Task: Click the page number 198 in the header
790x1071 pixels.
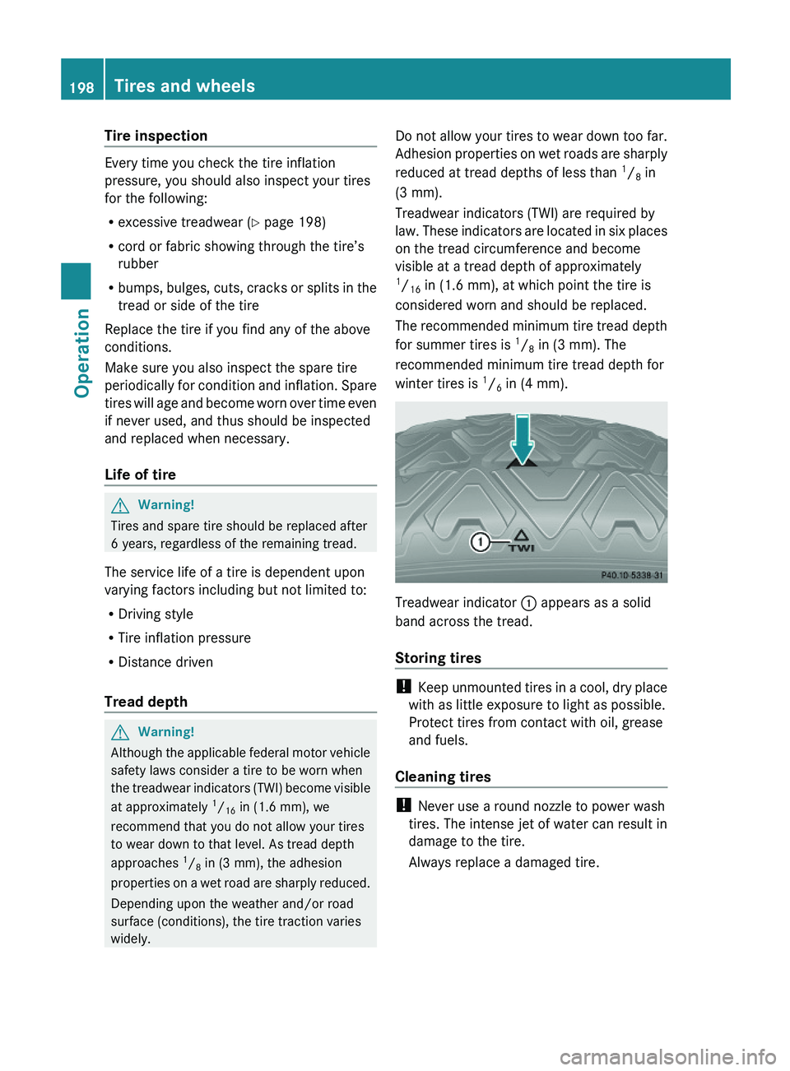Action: tap(81, 87)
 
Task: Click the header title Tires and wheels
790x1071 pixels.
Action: tap(184, 86)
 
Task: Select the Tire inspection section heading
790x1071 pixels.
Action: tap(156, 136)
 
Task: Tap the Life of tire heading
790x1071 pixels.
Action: tap(140, 475)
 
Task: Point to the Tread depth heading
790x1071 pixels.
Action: tap(146, 702)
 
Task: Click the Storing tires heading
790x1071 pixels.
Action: tap(438, 658)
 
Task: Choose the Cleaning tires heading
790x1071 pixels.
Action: tap(443, 777)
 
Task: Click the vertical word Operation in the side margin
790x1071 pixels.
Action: tap(82, 353)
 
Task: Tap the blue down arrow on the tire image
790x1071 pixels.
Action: tap(523, 438)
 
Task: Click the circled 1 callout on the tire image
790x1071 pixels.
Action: tap(480, 541)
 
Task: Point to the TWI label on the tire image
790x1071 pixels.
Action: tap(521, 547)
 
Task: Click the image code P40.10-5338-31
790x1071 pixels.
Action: tap(632, 576)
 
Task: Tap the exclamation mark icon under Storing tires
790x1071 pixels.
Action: tap(403, 686)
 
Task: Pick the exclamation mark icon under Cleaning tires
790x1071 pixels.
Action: tap(403, 804)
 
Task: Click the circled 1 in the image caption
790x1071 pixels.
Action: tap(528, 603)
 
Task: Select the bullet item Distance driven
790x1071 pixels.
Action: tap(165, 662)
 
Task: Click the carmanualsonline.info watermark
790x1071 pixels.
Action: tap(667, 1056)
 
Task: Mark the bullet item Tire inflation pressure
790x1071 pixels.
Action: tap(184, 638)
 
